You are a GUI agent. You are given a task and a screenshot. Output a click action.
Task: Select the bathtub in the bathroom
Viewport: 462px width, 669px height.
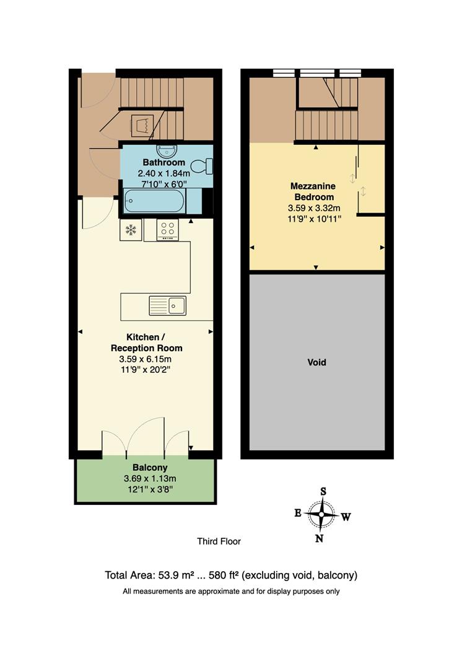coord(154,201)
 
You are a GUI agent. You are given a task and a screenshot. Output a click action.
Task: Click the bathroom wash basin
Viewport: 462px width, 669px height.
coord(167,151)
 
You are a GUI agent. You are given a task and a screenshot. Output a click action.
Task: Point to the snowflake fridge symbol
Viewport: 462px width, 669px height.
coord(131,230)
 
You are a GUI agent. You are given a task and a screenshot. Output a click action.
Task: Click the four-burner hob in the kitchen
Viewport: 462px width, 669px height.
coord(167,230)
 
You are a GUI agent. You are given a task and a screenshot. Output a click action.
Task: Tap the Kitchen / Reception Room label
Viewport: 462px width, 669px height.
coord(146,343)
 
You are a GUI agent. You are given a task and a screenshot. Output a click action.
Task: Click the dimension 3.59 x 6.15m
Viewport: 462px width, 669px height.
coord(146,359)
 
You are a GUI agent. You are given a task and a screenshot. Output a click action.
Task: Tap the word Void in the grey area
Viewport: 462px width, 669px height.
coord(317,362)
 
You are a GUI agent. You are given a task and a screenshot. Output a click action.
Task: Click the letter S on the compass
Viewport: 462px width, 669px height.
coord(323,491)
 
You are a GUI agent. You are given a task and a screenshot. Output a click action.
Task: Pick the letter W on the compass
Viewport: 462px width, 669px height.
coord(346,517)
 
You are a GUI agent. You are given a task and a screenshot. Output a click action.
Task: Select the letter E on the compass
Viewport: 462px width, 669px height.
coord(298,513)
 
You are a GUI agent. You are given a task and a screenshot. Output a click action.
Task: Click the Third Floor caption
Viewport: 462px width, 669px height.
coord(219,541)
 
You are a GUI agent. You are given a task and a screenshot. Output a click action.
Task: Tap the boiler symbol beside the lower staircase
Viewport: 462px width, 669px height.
coord(141,126)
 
